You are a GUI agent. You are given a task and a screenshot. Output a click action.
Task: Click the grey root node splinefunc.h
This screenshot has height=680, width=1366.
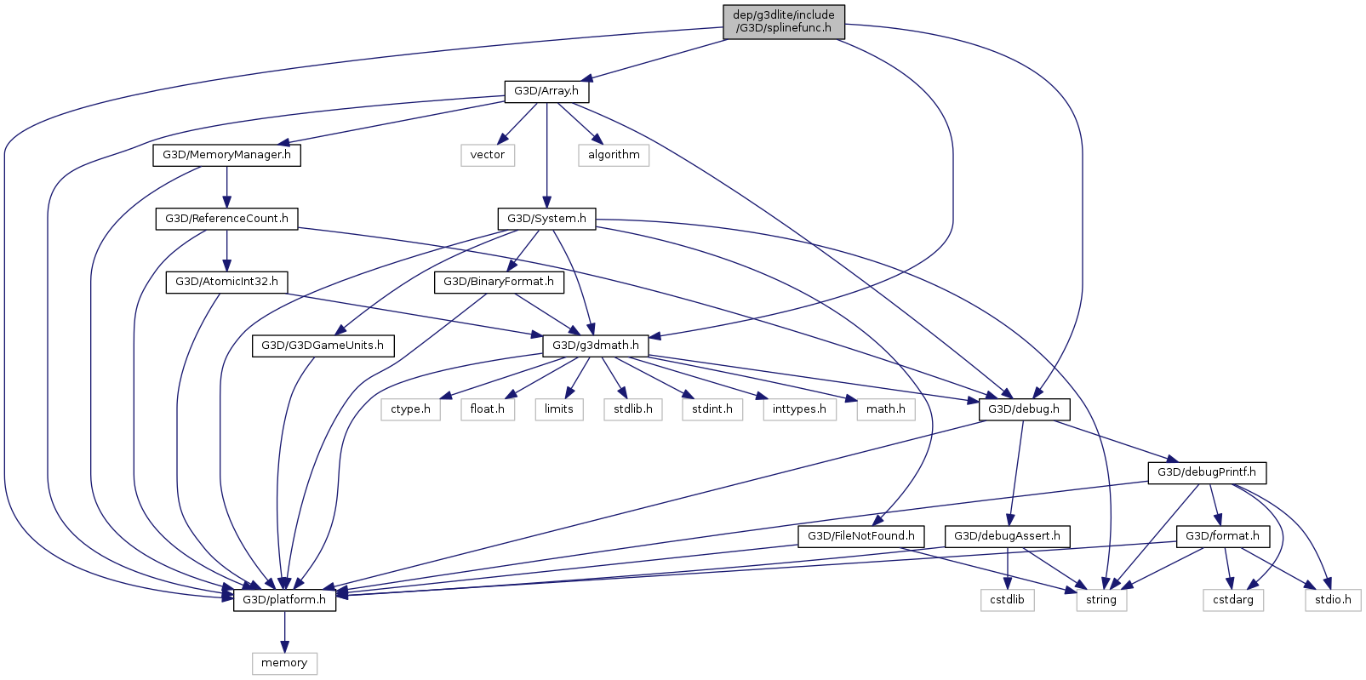[x=783, y=21]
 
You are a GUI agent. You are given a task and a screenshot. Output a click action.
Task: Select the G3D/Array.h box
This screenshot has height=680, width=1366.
[x=546, y=91]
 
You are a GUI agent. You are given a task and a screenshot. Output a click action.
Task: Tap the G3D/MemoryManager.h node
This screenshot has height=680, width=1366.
[x=226, y=155]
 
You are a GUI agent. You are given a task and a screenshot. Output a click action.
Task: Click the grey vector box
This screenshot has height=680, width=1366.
[x=487, y=155]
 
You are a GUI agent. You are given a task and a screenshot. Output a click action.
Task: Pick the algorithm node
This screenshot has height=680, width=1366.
[x=614, y=155]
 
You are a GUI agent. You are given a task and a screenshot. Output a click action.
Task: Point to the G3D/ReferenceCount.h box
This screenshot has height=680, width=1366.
[x=226, y=219]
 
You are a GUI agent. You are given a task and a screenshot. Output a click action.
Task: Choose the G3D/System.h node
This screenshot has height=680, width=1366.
[x=546, y=219]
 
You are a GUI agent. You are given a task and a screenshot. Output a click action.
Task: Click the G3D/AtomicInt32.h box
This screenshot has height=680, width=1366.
[x=226, y=282]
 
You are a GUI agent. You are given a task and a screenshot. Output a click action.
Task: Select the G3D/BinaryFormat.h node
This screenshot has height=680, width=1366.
[x=498, y=282]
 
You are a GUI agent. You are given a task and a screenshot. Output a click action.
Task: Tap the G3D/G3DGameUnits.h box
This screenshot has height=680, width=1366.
[x=323, y=346]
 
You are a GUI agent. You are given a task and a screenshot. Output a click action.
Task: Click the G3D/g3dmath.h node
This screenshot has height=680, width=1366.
[x=595, y=346]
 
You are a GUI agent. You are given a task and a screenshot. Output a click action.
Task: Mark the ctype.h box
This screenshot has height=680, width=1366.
[x=410, y=409]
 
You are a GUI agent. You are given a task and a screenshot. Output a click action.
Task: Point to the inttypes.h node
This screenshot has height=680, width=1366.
[x=799, y=409]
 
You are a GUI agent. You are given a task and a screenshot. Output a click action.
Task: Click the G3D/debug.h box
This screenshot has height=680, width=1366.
[x=1024, y=409]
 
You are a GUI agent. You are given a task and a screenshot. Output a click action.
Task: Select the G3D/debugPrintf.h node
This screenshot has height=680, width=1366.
[x=1206, y=472]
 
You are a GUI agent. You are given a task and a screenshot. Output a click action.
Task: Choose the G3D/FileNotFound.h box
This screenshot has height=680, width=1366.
[x=860, y=536]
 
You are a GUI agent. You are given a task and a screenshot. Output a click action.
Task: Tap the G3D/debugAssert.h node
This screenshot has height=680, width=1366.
[x=1007, y=536]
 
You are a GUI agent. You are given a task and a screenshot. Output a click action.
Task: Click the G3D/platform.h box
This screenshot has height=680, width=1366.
[x=284, y=600]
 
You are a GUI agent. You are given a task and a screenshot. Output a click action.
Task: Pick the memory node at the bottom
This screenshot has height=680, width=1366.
[x=284, y=663]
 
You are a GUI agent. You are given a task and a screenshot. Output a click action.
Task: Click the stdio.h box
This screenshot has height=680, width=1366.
[x=1333, y=600]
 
